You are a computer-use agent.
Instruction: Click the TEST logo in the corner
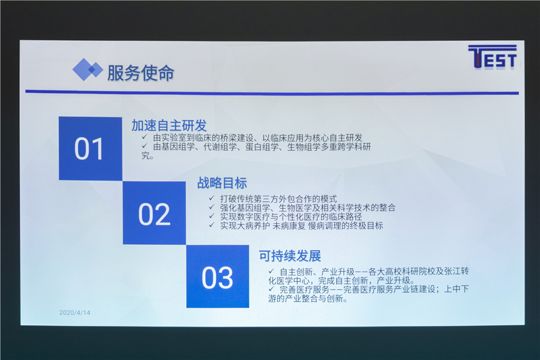coord(493,57)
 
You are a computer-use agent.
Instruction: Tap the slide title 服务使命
coord(140,73)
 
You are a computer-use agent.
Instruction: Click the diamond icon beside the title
coord(88,70)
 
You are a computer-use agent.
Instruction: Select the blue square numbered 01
coord(90,148)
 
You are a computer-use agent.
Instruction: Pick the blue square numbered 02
coord(154,213)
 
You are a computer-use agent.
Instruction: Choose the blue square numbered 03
coord(218,276)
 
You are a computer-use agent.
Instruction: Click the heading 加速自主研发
coord(169,125)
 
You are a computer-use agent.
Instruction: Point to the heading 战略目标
coord(222,183)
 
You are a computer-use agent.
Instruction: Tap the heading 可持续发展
coord(290,256)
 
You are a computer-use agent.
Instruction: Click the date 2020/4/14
coord(75,313)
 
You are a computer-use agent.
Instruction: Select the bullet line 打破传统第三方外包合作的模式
coord(278,199)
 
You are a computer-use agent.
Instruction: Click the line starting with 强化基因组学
coord(308,208)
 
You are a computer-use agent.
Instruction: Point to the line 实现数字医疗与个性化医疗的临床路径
coord(291,217)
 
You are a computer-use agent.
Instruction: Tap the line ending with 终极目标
coord(301,226)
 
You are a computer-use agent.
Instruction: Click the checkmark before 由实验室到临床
coord(145,137)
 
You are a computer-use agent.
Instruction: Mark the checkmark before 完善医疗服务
coord(271,289)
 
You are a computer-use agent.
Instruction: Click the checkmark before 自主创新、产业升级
coord(271,271)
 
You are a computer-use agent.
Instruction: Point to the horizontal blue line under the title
coord(272,92)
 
